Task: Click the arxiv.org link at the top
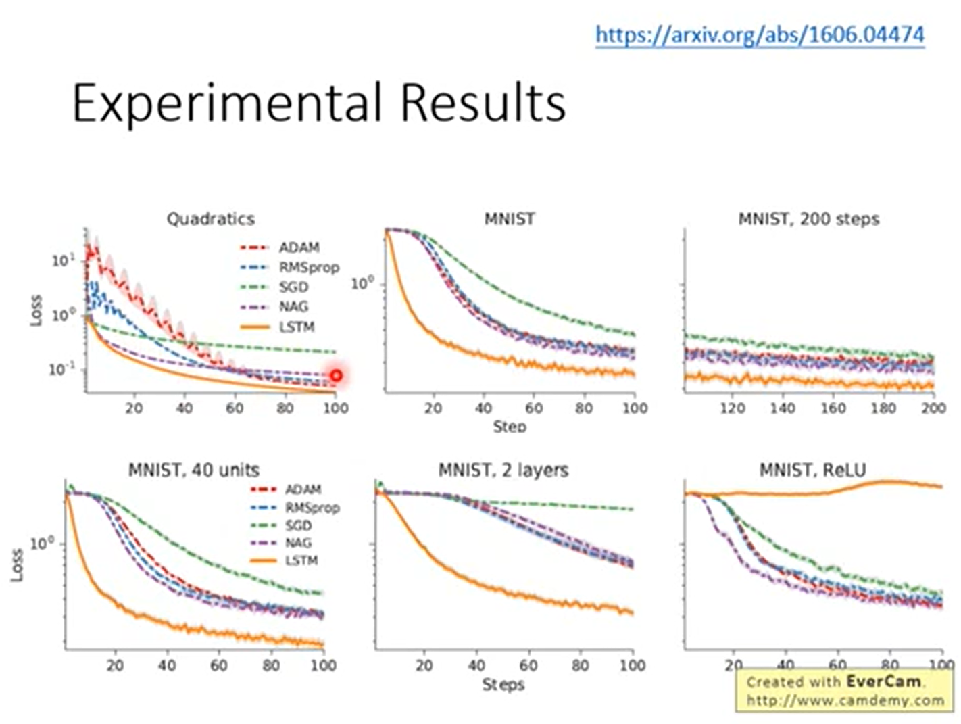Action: click(760, 34)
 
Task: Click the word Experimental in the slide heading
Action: click(229, 103)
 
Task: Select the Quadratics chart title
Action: click(210, 219)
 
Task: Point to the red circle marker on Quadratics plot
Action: click(336, 375)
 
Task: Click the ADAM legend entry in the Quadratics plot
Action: click(298, 248)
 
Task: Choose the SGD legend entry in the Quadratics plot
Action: click(293, 287)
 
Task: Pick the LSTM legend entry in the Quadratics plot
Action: click(297, 327)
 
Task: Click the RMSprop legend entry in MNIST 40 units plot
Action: click(312, 508)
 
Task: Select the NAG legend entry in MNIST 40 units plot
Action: click(298, 543)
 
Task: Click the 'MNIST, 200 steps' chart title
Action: click(808, 219)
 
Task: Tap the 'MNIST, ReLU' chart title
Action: click(812, 470)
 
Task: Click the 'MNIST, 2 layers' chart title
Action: click(503, 470)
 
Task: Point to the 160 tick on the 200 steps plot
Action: click(833, 408)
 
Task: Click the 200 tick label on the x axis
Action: click(933, 408)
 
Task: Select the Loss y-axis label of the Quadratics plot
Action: click(36, 310)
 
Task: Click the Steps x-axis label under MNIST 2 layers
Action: click(503, 685)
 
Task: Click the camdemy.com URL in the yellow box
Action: click(845, 700)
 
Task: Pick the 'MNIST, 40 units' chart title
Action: click(193, 470)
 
